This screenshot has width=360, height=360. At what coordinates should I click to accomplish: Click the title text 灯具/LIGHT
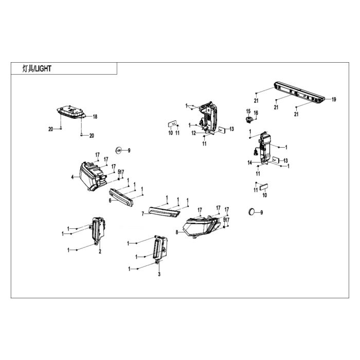coord(37,68)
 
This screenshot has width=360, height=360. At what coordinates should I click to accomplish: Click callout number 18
coord(95,117)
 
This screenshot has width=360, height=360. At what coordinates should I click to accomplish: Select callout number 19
coord(334,99)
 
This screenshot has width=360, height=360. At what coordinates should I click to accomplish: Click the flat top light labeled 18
coord(71,112)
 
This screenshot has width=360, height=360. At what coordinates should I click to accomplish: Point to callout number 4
coord(73,177)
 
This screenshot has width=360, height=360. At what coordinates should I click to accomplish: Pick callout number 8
coord(177,232)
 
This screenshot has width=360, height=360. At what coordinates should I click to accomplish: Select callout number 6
coord(110,201)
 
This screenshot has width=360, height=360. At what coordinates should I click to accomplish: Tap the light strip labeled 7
coord(164,212)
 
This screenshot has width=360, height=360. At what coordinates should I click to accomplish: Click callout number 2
coord(100,251)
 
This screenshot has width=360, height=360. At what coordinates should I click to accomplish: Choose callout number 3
coord(159,274)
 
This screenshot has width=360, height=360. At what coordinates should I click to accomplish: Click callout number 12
coord(194,133)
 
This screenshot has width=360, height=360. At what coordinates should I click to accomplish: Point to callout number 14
coord(250,163)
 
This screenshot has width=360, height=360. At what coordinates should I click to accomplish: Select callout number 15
coord(248,112)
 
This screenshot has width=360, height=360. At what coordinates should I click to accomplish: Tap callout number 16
coord(256,113)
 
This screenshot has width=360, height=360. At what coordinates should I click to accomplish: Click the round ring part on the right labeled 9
coord(251,212)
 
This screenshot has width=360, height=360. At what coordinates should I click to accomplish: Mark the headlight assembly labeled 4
coord(93,176)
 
